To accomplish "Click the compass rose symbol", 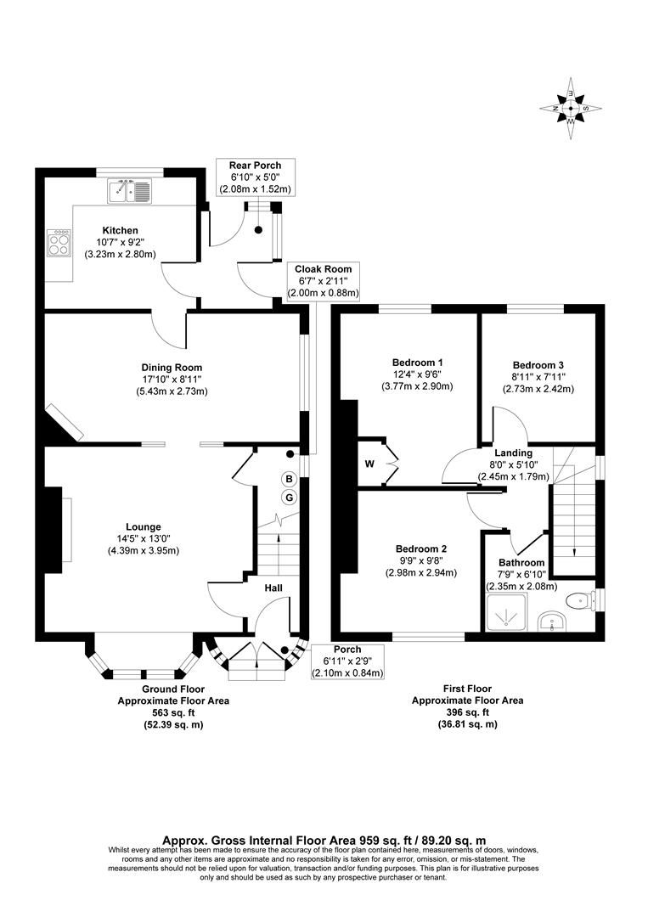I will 571,109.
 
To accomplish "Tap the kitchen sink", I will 129,192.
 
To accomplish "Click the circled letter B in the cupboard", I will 289,479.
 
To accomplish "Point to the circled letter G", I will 289,497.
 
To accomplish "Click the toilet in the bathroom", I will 580,600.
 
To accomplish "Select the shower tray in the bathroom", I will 507,614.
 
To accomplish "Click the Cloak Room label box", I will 323,281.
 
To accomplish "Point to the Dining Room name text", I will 172,368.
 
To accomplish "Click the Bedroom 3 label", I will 538,363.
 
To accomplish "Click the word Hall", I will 273,588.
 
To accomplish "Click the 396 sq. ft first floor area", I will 467,712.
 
